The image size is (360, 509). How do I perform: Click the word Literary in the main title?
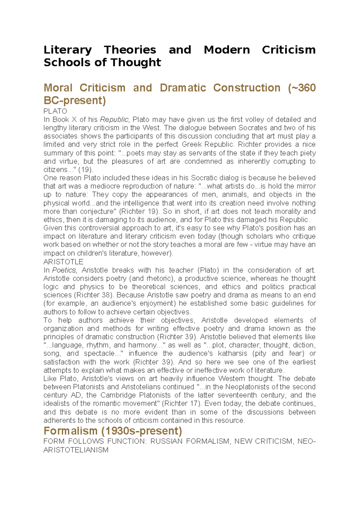(x=67, y=50)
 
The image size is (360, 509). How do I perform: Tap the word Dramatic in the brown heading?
(x=183, y=88)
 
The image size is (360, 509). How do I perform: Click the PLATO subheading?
(x=55, y=111)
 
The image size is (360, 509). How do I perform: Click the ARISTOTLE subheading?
(x=63, y=262)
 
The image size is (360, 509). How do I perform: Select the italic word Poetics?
(x=64, y=270)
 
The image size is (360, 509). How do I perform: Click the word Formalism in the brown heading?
(x=70, y=431)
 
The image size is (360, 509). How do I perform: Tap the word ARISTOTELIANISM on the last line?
(x=76, y=450)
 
